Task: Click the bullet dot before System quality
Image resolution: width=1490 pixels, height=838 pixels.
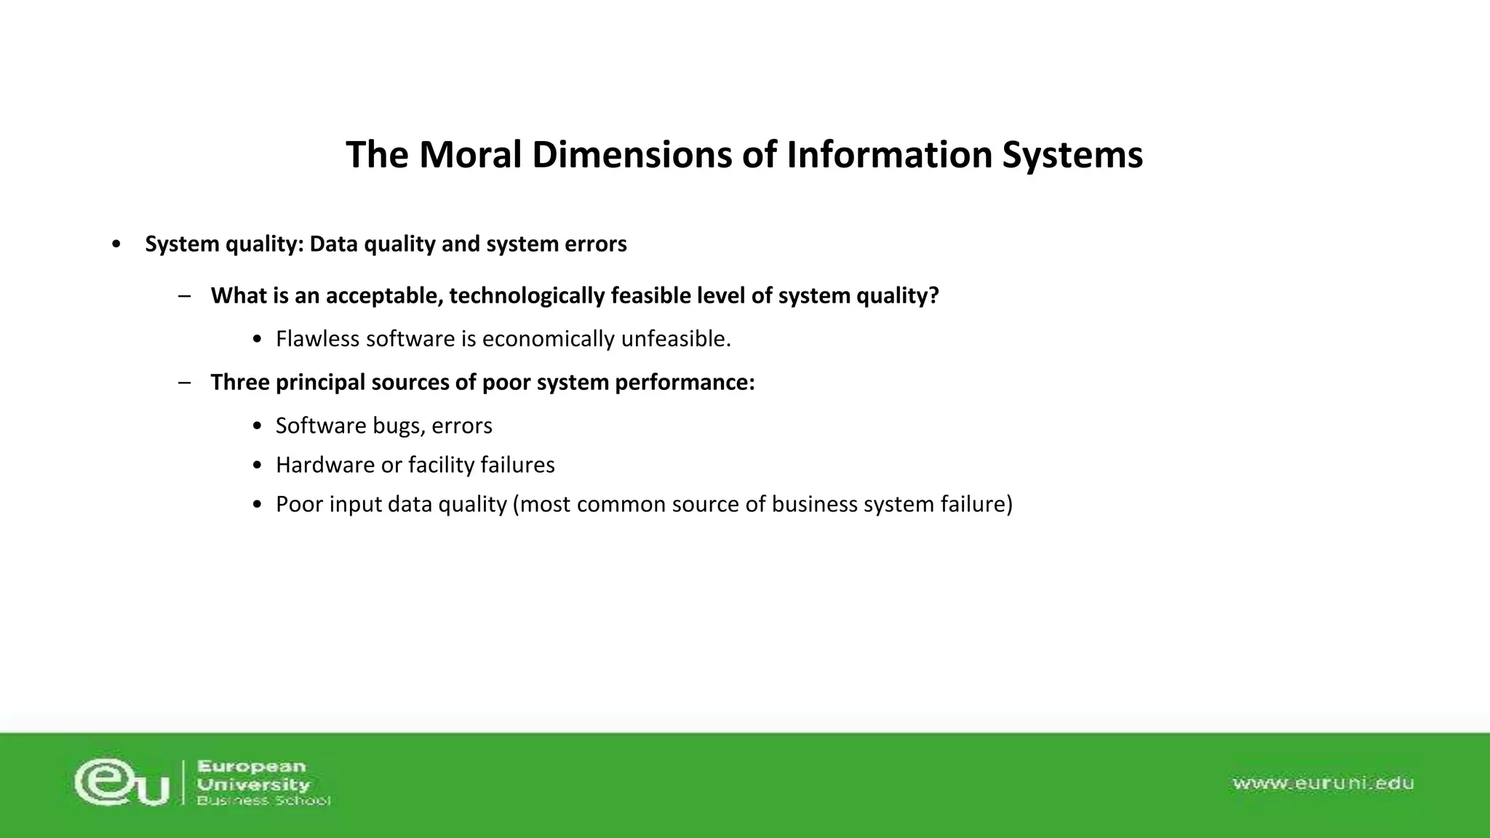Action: [x=116, y=244]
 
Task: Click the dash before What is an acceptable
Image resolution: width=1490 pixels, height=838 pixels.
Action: [x=184, y=296]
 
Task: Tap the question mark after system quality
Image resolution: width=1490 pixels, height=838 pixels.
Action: [x=934, y=296]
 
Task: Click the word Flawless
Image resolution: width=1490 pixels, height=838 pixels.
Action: [x=317, y=339]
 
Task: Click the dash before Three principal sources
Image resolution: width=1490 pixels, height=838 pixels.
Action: [x=184, y=383]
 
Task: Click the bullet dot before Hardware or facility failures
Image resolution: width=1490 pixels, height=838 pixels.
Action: [x=257, y=466]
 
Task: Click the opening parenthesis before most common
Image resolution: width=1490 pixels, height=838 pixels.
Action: [x=516, y=504]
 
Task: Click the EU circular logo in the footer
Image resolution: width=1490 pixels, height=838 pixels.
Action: [x=121, y=783]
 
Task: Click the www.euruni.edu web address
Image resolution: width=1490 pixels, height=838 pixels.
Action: [x=1323, y=783]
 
